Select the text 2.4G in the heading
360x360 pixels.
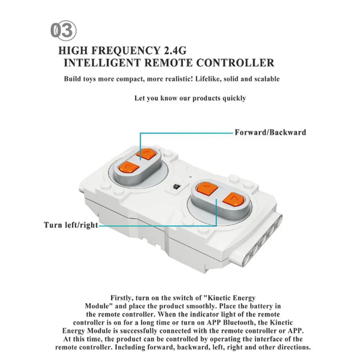(x=175, y=50)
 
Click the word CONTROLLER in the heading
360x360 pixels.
(x=235, y=63)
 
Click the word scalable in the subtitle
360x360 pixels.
(x=267, y=79)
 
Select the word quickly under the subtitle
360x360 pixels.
(x=234, y=98)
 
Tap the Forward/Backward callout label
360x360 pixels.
(x=270, y=132)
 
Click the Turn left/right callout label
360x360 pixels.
(x=71, y=225)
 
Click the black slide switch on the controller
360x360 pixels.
(x=176, y=186)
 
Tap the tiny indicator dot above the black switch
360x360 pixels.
(x=191, y=177)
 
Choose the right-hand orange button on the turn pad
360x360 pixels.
(x=233, y=199)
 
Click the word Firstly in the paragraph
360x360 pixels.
(x=122, y=298)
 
